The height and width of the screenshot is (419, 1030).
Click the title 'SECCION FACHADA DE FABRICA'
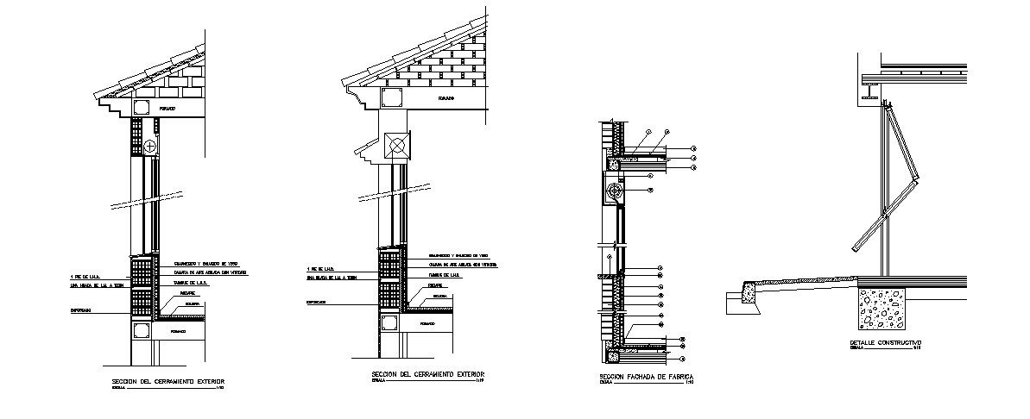click(x=647, y=378)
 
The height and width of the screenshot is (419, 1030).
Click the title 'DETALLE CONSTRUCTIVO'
click(x=886, y=342)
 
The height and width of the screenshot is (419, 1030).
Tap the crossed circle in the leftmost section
click(x=151, y=146)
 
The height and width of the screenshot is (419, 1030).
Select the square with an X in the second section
click(x=398, y=146)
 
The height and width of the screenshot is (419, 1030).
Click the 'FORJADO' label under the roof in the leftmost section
click(x=167, y=109)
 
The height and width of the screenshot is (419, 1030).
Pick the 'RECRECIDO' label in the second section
click(x=437, y=285)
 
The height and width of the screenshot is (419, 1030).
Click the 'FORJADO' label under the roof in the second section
click(x=445, y=99)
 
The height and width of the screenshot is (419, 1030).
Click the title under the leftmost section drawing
click(x=168, y=380)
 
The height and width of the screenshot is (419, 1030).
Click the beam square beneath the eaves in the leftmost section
click(x=141, y=108)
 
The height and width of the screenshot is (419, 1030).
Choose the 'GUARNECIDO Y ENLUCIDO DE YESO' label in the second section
click(x=458, y=257)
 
